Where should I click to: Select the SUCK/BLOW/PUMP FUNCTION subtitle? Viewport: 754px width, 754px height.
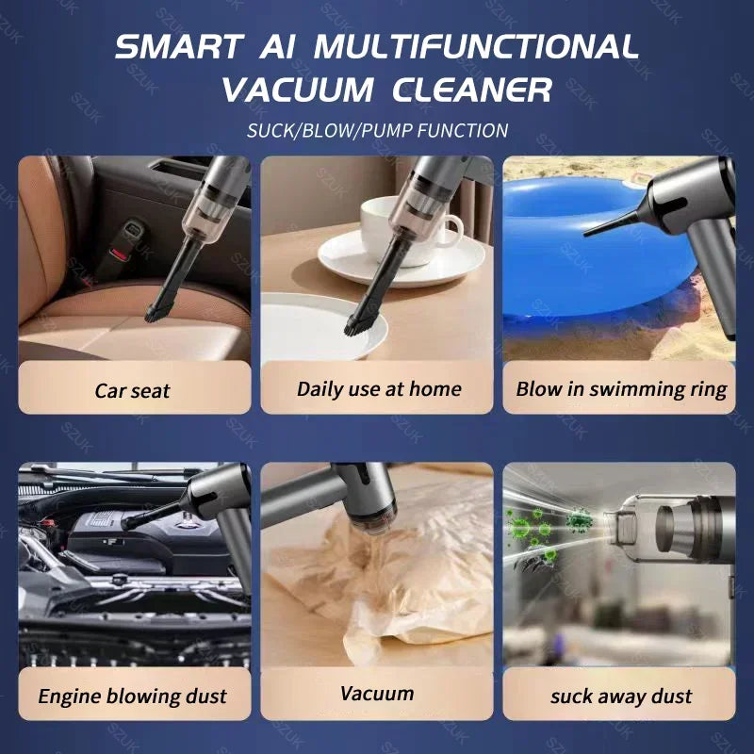pos(377,130)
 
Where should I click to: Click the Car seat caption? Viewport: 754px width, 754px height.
pos(134,389)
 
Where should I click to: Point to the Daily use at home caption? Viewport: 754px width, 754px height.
pos(378,388)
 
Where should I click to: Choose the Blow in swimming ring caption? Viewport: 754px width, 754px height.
pos(621,388)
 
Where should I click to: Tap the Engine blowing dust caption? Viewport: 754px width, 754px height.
pos(133,697)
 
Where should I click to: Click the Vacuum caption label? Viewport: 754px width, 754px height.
pos(377,694)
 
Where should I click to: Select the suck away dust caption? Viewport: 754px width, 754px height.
pos(620,697)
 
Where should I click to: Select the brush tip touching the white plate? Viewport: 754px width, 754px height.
pos(356,325)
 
